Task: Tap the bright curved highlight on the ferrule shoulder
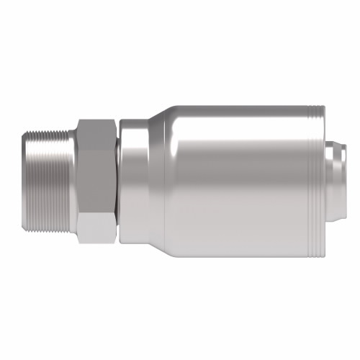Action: (x=164, y=144)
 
